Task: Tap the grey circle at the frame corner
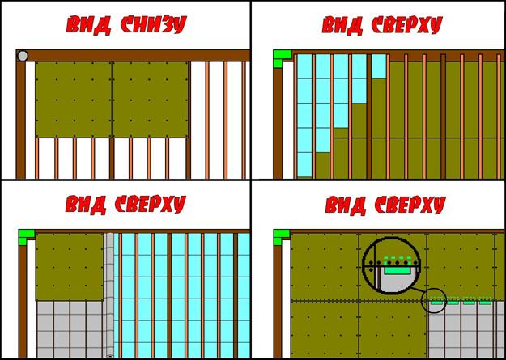tap(23, 56)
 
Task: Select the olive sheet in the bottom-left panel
tap(70, 267)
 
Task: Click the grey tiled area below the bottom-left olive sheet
tap(70, 328)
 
